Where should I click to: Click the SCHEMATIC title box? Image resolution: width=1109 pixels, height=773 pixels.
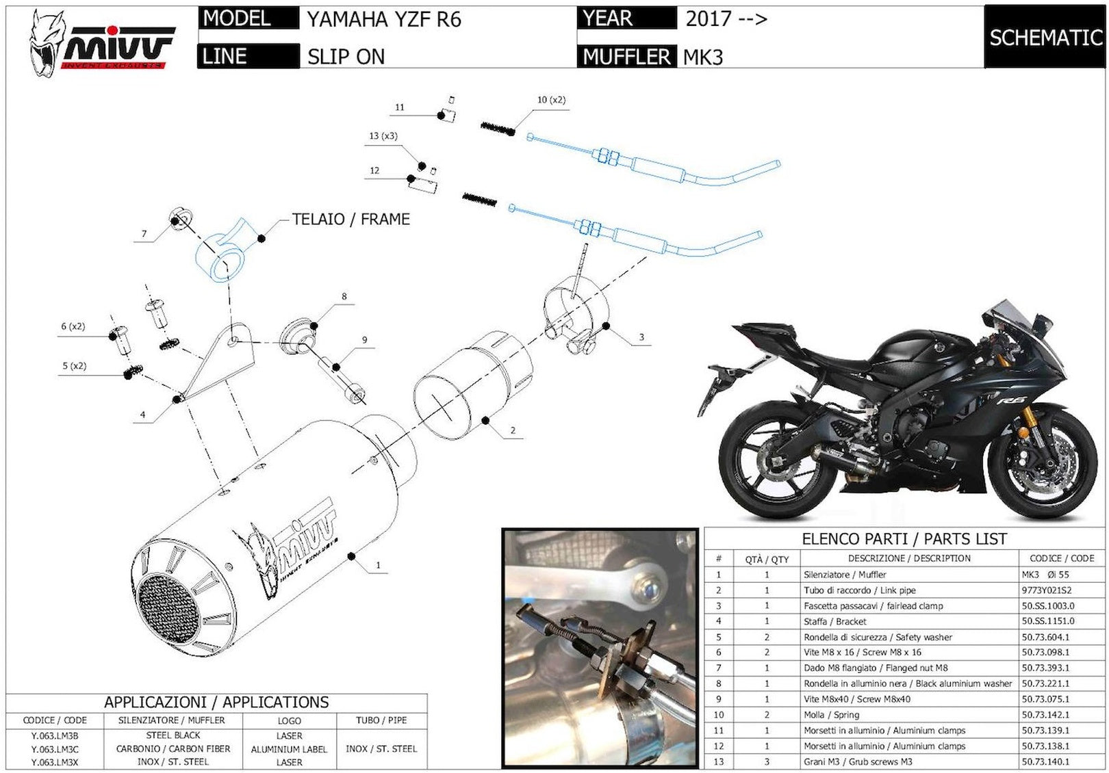tap(1045, 37)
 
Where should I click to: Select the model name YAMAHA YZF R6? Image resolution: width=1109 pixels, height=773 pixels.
tap(383, 19)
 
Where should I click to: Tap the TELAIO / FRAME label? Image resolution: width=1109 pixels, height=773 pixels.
tap(351, 219)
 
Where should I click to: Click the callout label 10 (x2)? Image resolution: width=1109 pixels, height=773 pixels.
tap(551, 100)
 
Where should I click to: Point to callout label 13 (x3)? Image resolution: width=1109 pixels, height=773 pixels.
tap(383, 135)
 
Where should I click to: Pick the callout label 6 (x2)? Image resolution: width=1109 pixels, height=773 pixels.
tap(73, 326)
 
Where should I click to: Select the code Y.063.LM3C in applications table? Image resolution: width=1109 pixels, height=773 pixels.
tap(55, 749)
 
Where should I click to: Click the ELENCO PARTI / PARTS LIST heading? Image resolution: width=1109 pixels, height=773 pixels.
tap(904, 539)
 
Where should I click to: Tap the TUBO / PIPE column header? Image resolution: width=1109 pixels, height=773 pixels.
tap(381, 720)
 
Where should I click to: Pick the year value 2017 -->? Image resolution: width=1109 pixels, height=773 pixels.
tap(726, 18)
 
